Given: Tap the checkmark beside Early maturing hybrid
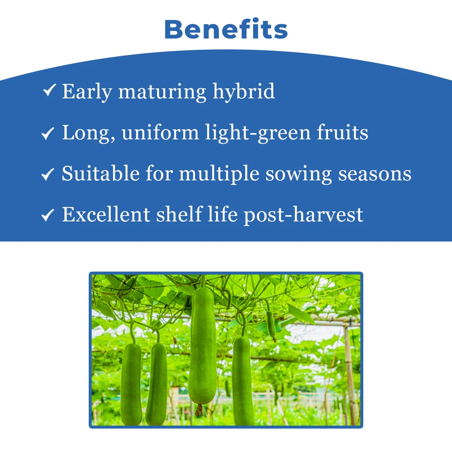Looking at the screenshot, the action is tap(49, 90).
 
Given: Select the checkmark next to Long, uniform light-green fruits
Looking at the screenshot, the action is tap(48, 133).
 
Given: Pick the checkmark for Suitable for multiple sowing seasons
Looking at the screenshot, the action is tap(48, 174).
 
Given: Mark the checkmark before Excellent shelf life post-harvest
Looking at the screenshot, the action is tap(48, 215).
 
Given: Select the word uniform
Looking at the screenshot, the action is tap(160, 133).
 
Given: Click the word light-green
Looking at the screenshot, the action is tap(258, 133).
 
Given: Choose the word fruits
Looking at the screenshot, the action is tap(342, 133).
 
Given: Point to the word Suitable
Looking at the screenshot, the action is tap(100, 174).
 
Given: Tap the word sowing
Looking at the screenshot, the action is tap(299, 175).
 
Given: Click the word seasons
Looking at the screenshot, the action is tap(375, 175).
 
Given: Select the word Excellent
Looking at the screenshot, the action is tap(106, 214).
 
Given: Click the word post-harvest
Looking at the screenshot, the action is tap(303, 215).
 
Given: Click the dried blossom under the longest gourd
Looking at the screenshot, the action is tap(199, 410).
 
